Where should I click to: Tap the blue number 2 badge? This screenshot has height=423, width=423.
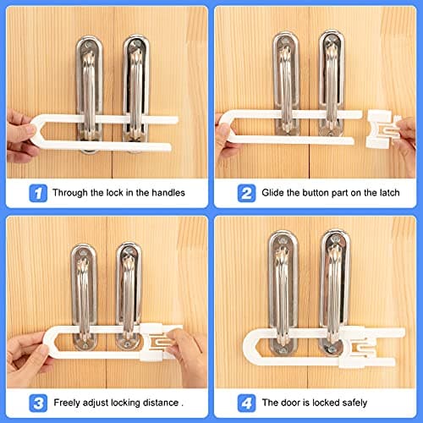point(245,193)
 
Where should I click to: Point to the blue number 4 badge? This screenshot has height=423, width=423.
point(245,403)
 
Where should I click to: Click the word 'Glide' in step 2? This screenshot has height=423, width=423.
point(277,193)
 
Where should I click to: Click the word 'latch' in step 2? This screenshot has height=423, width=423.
point(388,193)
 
